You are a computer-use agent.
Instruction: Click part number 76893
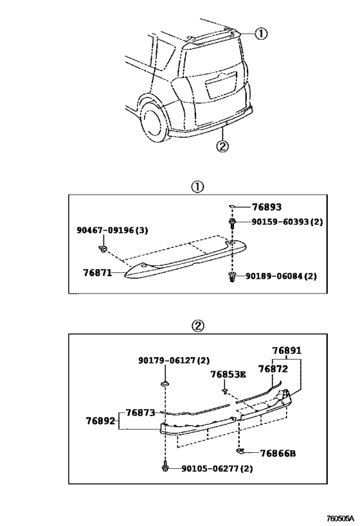click(267, 207)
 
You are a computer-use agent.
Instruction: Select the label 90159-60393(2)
click(287, 222)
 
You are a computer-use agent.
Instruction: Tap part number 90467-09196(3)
click(112, 231)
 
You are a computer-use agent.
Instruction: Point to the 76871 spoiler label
click(97, 273)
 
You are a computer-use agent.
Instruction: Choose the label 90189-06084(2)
click(281, 276)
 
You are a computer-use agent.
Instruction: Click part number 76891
click(287, 351)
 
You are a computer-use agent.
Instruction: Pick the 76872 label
click(273, 369)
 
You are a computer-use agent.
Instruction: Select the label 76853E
click(228, 374)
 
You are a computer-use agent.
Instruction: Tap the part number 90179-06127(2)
click(174, 360)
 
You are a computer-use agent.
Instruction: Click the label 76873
click(140, 412)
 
